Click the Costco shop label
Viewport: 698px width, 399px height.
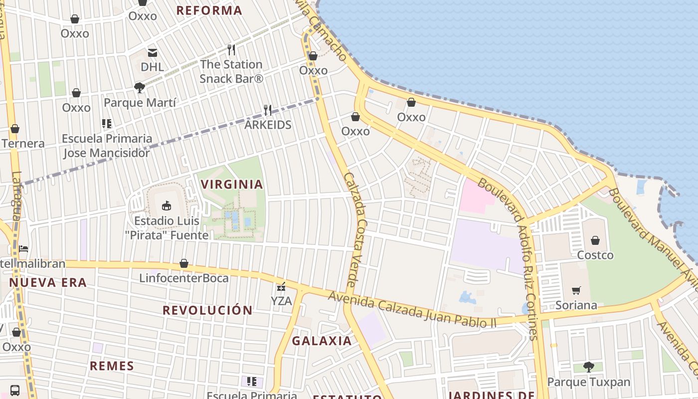[595, 255]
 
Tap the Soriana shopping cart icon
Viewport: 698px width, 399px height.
[576, 290]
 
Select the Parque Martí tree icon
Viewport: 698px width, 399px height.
[140, 88]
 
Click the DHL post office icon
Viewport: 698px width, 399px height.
[152, 52]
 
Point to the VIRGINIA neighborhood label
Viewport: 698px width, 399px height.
[232, 185]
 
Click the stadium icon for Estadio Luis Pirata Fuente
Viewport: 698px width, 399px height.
[167, 205]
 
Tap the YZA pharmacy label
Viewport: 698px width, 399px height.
[281, 301]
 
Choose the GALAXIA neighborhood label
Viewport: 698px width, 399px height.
[322, 341]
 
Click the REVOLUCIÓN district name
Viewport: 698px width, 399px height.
[207, 310]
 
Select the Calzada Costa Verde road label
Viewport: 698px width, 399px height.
[355, 229]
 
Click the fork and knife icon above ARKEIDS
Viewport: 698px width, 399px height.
[268, 110]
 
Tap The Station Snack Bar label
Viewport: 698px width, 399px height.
[231, 71]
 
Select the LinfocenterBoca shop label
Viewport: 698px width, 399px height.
[183, 278]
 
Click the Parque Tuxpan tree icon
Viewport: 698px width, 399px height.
[588, 367]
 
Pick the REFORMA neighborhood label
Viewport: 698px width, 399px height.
[209, 10]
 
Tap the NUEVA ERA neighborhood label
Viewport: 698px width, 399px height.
[48, 283]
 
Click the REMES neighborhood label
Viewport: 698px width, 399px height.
[112, 366]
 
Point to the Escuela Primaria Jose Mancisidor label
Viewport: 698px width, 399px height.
[107, 146]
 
